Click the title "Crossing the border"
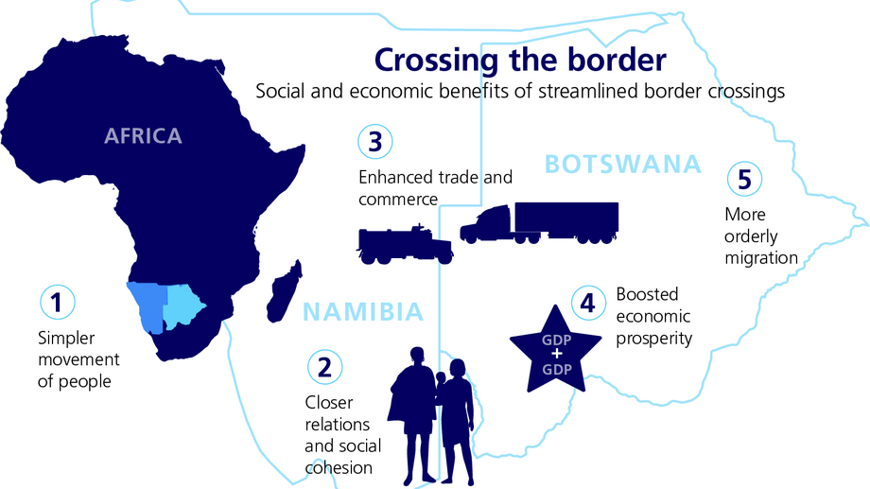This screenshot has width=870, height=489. coord(520,60)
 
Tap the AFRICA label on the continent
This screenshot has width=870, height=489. coord(143,136)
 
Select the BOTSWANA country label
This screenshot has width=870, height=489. coord(623,165)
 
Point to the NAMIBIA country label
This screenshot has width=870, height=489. coord(363,311)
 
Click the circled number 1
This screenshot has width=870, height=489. coord(57,303)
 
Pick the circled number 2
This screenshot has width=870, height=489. coord(325,367)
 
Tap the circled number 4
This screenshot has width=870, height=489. coord(588,303)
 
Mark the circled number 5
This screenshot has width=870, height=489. coord(743,178)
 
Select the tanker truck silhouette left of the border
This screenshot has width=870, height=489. coord(404,245)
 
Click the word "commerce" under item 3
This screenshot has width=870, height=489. coord(398,200)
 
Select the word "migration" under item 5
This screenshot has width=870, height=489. coord(761,257)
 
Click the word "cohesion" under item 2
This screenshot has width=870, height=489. coord(338,467)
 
